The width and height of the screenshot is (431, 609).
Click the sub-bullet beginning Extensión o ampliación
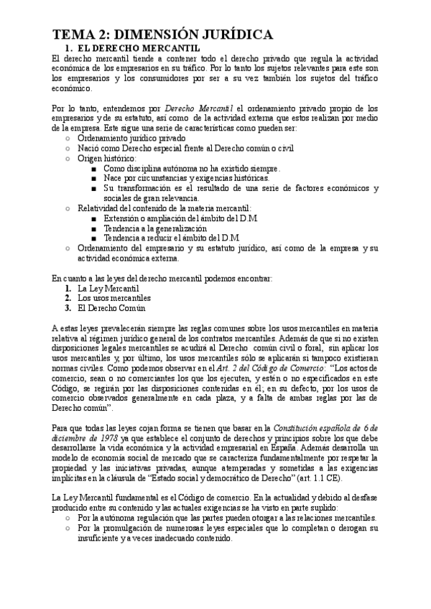tap(180, 218)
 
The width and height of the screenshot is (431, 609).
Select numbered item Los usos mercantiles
tap(113, 298)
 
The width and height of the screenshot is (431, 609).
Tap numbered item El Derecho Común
tap(111, 308)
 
